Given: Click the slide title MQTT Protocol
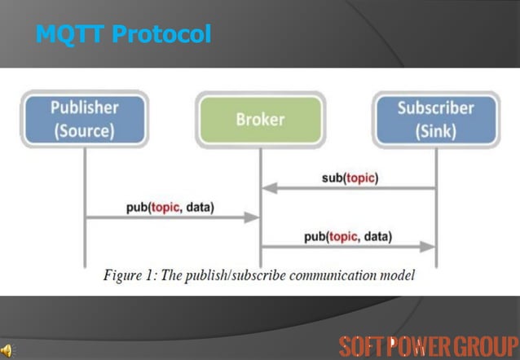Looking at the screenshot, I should tap(124, 35).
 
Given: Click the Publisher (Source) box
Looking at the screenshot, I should tap(85, 119).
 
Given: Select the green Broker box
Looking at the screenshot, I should tap(260, 120).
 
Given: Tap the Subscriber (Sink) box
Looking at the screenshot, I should tap(435, 119).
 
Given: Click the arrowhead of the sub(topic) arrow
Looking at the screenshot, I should tap(267, 189).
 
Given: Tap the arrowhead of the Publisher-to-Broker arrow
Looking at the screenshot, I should tap(253, 218).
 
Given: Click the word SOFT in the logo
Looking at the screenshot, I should tap(362, 345).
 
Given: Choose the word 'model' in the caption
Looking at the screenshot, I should tap(399, 275).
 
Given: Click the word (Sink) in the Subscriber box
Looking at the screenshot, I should tap(435, 130).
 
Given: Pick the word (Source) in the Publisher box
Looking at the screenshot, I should tap(85, 130).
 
